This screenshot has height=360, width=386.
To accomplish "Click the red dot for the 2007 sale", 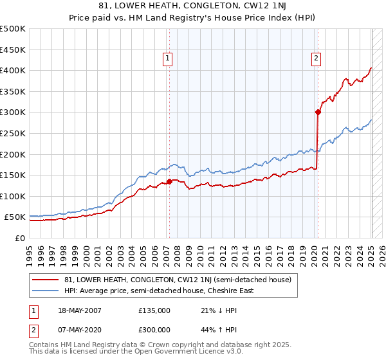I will click(169, 181).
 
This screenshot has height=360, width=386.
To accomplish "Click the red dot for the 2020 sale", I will click(318, 112).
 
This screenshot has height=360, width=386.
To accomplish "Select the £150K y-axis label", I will click(12, 175).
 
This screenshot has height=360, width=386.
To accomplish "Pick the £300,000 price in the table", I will click(154, 330).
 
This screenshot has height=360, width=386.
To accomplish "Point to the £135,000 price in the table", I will click(154, 311).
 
